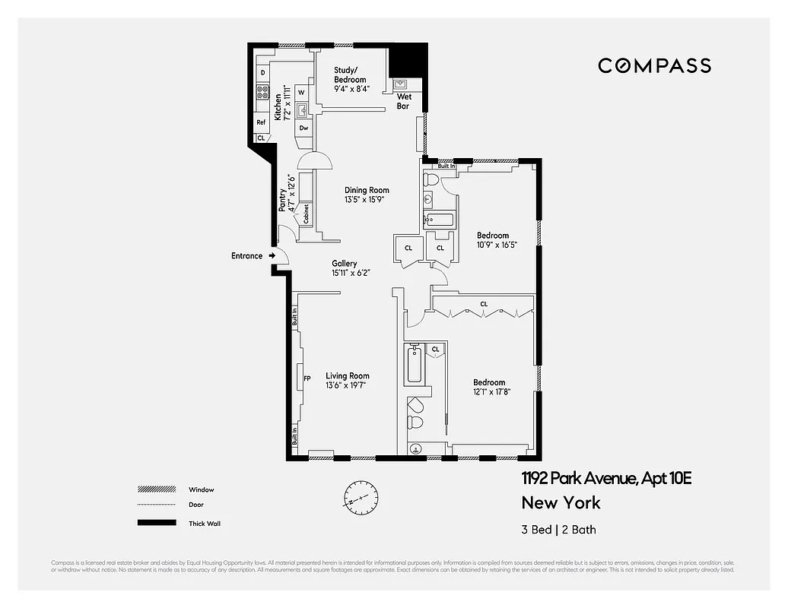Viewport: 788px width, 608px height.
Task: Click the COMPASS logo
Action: click(x=654, y=65)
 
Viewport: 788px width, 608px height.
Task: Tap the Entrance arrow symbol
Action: click(x=272, y=256)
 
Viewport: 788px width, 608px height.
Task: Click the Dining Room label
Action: click(x=367, y=191)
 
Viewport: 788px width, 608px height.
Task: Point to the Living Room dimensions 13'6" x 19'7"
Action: click(x=348, y=385)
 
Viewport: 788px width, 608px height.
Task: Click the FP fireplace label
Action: click(x=307, y=378)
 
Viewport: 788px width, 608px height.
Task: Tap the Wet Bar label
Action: click(x=404, y=101)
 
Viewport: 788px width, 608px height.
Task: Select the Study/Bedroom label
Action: click(x=350, y=75)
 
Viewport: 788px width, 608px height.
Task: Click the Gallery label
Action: click(x=344, y=264)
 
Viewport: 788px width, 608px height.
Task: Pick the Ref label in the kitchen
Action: click(x=261, y=122)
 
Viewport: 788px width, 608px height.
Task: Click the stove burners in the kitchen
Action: click(x=262, y=93)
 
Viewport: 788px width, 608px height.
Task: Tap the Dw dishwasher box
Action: click(x=303, y=128)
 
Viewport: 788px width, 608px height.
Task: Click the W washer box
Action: click(x=301, y=92)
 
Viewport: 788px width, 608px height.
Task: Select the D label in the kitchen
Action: click(x=262, y=73)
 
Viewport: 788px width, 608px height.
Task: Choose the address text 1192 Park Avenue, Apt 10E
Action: click(x=606, y=479)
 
